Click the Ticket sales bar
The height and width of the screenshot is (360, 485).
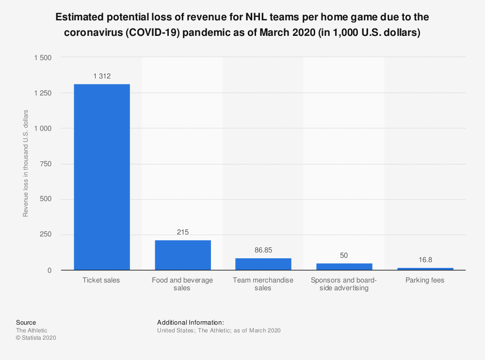102,177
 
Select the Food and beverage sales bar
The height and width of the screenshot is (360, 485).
183,255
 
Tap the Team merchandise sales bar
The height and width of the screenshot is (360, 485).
263,264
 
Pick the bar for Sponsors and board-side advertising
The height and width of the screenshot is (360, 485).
344,266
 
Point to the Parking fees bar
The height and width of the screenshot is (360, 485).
424,269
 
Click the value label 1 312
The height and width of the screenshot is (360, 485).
102,76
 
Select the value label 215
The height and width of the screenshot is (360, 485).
183,232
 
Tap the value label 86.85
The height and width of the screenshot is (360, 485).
263,250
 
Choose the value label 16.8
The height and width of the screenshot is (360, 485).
424,260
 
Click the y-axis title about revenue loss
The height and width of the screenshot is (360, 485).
26,164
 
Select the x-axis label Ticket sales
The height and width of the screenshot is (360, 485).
102,280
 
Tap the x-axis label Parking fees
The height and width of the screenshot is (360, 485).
424,280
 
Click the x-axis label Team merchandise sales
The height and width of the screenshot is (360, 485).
263,284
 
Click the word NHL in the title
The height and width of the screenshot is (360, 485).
258,18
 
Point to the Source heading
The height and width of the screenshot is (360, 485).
26,322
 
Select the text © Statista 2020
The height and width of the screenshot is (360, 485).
36,338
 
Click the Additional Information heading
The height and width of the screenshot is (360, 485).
190,322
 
